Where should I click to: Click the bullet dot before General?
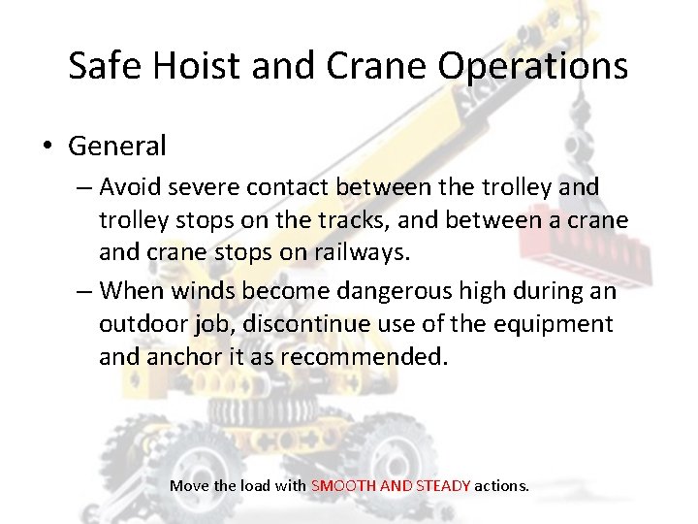pos(48,147)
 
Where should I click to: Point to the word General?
pos(117,147)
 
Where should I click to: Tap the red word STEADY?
pos(443,485)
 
